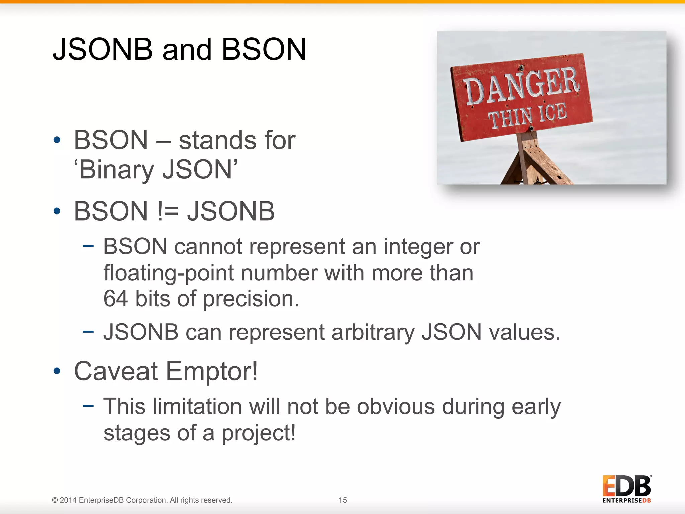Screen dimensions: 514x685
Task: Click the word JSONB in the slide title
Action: click(x=102, y=49)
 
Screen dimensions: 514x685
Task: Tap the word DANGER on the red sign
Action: click(x=522, y=85)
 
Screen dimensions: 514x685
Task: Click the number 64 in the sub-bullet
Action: click(x=115, y=298)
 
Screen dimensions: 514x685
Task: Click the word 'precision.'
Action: click(x=251, y=298)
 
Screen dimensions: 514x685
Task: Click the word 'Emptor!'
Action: click(x=212, y=371)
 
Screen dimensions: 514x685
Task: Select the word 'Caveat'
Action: click(x=116, y=371)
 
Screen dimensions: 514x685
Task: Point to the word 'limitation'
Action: click(x=197, y=407)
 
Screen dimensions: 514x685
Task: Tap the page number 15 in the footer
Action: click(x=342, y=500)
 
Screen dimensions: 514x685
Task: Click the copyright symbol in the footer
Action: click(x=55, y=500)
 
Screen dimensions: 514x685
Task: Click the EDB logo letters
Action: click(x=626, y=486)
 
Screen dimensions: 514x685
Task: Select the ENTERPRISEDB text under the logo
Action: click(x=626, y=501)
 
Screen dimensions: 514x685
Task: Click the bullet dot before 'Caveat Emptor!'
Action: click(x=57, y=371)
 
